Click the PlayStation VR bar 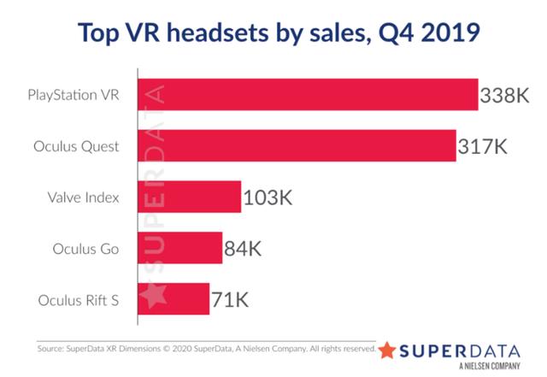tap(308, 94)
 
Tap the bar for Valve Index tap(189, 197)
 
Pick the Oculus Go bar tap(180, 249)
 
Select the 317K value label tap(483, 146)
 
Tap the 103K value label tap(268, 198)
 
